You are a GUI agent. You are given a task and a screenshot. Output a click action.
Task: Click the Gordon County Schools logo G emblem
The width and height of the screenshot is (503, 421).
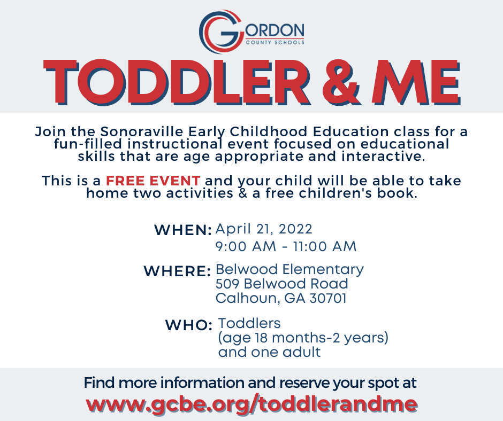220,32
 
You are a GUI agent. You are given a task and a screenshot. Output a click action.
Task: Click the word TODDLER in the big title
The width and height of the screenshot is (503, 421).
176,82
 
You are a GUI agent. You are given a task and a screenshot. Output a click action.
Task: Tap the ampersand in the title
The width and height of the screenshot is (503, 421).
341,82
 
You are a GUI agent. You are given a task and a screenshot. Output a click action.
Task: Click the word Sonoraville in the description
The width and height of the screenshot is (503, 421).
142,131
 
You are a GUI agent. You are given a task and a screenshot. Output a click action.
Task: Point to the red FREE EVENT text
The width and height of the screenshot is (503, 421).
153,181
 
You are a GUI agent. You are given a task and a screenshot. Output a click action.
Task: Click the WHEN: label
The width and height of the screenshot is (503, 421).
183,230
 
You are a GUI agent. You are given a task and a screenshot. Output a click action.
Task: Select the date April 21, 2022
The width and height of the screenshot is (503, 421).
264,229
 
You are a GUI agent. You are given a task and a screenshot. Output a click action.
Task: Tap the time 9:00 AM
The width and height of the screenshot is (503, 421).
246,246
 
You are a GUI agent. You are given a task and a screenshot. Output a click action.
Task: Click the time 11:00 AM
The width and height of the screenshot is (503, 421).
325,246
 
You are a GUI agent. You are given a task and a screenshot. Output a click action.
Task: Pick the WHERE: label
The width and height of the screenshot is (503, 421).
177,271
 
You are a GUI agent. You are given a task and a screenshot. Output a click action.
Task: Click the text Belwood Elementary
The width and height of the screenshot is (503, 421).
289,269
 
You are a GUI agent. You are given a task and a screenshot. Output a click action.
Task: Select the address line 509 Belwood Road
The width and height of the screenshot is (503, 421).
281,284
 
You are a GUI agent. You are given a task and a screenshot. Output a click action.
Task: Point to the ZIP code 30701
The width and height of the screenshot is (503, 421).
328,298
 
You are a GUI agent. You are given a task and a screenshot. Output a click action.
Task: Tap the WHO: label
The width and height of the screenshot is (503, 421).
188,325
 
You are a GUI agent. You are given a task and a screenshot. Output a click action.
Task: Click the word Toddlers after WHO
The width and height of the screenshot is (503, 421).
249,323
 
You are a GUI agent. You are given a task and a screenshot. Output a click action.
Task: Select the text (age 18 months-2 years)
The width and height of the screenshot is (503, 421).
303,338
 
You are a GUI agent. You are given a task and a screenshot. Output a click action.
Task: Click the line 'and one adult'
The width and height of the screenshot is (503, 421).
269,352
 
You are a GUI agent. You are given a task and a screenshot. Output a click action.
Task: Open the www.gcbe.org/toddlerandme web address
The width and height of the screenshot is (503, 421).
251,404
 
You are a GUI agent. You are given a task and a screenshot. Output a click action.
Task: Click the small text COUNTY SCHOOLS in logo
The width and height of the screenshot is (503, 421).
275,42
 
